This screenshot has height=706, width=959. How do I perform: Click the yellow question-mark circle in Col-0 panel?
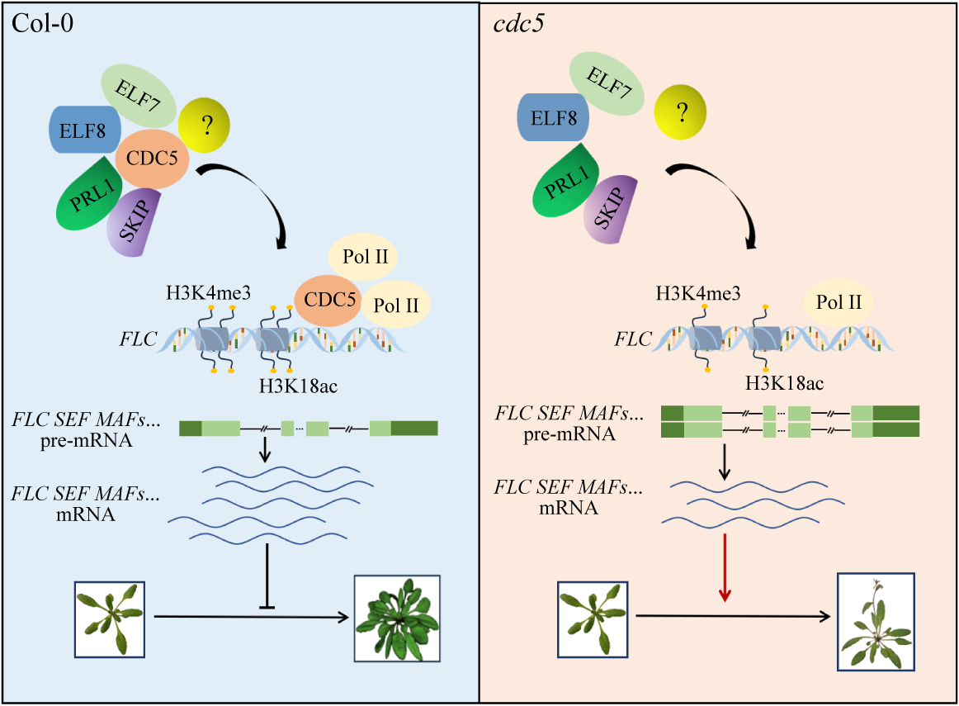pos(205,125)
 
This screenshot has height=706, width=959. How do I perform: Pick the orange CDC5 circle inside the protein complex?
pos(154,158)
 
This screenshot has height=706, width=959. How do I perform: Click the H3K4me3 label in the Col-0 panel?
pos(197,293)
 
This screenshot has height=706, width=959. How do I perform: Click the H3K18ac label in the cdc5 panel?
pos(784,383)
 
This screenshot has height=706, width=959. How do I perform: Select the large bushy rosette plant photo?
pos(396,618)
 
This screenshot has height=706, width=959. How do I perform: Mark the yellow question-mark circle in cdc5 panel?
pos(683,112)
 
